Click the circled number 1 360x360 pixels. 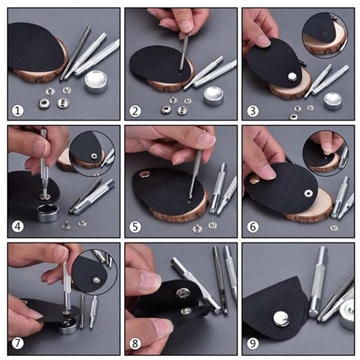click(x=18, y=111)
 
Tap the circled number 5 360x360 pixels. click(x=135, y=227)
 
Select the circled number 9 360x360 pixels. click(x=252, y=344)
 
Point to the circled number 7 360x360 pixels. click(x=18, y=344)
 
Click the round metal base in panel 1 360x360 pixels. click(x=96, y=81)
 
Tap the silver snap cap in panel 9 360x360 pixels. click(x=282, y=319)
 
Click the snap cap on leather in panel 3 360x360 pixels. click(x=292, y=76)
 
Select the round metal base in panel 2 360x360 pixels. click(x=213, y=96)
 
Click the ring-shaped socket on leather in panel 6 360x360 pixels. click(x=308, y=193)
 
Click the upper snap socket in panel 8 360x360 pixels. click(x=183, y=293)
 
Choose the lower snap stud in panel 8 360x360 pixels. click(x=186, y=311)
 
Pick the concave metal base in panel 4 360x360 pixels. click(x=48, y=212)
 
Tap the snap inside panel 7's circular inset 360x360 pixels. click(x=96, y=279)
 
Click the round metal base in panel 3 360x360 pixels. click(x=333, y=101)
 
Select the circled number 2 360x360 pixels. click(x=135, y=111)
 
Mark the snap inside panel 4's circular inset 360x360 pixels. click(x=94, y=157)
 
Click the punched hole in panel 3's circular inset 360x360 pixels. click(x=324, y=33)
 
